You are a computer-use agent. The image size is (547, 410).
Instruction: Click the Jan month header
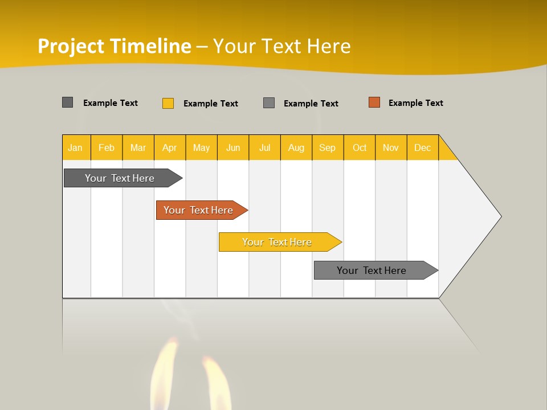[75, 147]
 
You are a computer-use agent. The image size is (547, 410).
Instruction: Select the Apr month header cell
[170, 147]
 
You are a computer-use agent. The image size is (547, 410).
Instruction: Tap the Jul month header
[264, 147]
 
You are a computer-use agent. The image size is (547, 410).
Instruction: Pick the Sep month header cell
[327, 147]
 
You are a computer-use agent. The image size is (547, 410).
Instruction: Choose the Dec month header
[422, 147]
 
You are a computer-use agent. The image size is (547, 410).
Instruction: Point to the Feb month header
[107, 147]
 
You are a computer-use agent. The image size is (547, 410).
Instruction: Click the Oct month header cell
[360, 147]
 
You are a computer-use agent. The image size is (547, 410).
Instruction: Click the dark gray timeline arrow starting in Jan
[120, 178]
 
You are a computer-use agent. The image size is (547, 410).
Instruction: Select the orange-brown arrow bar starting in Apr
[198, 210]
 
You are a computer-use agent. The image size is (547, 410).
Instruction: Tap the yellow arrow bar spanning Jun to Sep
[277, 242]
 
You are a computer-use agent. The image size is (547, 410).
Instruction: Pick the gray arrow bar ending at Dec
[372, 270]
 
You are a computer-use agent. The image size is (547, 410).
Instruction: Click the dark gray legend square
[68, 102]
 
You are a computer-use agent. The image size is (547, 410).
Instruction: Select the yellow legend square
[168, 103]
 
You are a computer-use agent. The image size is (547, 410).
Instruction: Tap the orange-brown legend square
[374, 102]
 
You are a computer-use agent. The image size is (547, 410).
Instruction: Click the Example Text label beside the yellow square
[210, 104]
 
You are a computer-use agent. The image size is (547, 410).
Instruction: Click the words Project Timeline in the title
[114, 46]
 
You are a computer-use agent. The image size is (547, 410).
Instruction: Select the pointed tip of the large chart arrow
[499, 216]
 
